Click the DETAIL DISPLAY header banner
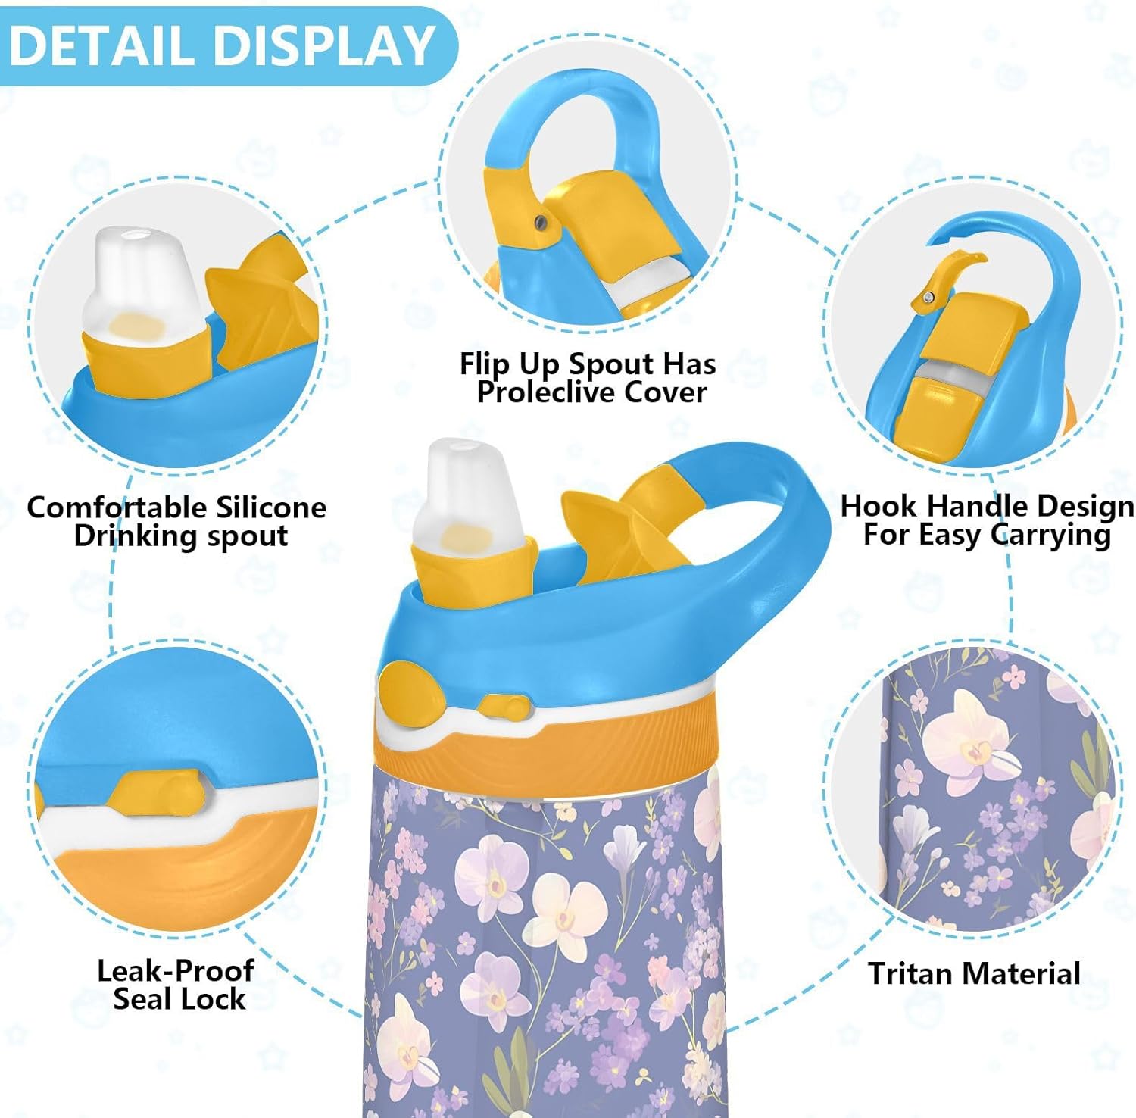tap(223, 45)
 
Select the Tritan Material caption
tap(974, 973)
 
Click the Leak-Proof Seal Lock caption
tap(176, 985)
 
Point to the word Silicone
tap(271, 507)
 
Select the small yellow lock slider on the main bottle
tap(504, 707)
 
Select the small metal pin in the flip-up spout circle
tap(539, 221)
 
